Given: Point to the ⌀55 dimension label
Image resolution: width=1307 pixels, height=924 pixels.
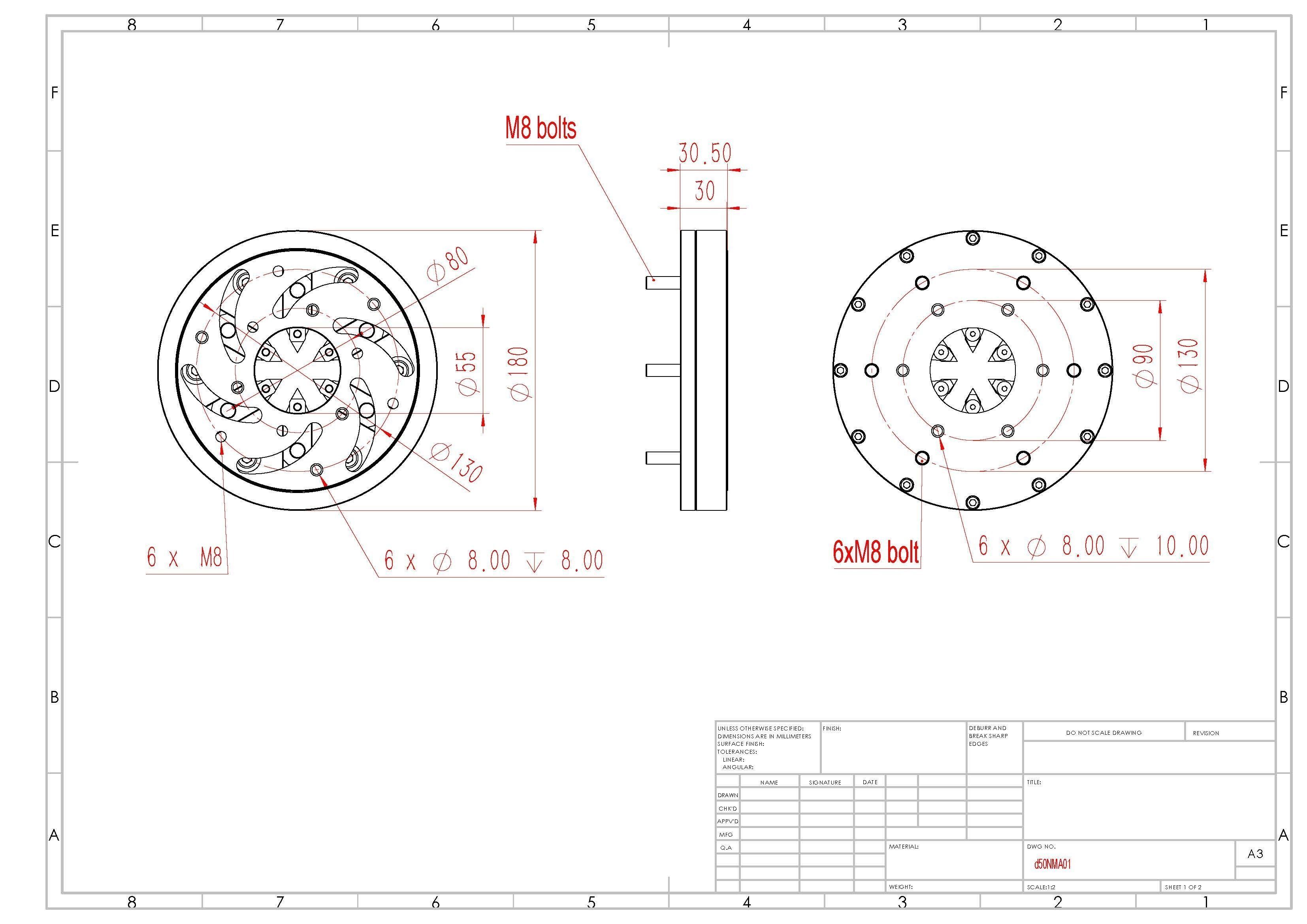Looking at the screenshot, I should coord(467,373).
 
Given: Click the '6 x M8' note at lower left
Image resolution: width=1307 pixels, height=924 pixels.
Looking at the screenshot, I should coord(185,557).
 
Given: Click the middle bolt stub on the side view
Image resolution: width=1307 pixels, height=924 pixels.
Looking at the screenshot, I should coord(663,370).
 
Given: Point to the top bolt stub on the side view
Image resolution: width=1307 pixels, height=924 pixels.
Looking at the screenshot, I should coord(663,282).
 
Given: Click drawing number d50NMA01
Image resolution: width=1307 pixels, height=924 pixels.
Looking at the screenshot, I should coord(1052,864).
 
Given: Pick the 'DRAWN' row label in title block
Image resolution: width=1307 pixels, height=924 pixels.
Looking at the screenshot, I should coord(727,795).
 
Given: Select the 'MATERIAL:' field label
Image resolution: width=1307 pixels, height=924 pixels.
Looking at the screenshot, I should coord(903,847).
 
